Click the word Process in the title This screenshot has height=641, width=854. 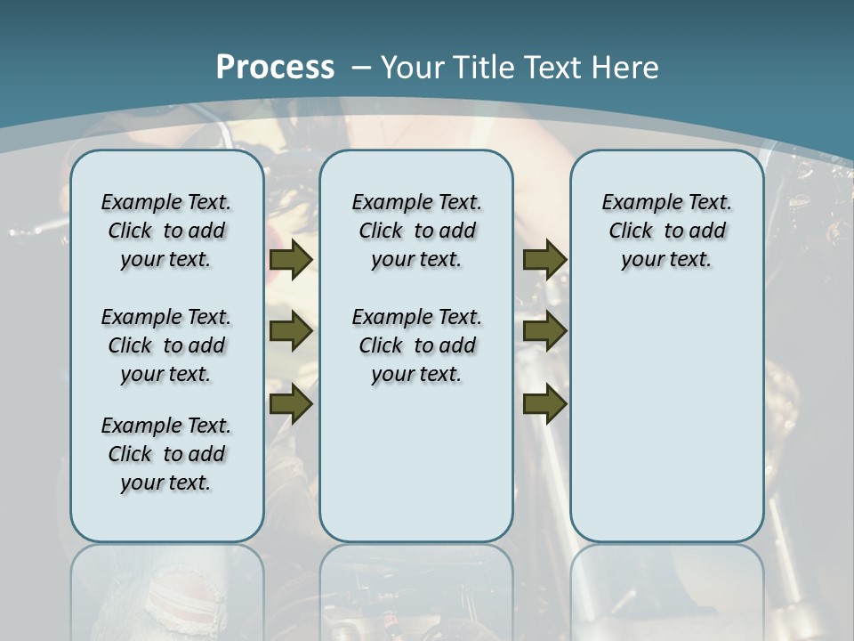(x=275, y=67)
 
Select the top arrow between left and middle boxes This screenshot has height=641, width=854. (x=291, y=260)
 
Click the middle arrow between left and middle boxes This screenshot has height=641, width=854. (x=291, y=331)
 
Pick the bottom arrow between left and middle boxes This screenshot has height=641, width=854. (x=291, y=403)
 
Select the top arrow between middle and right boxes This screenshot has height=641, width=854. (x=544, y=260)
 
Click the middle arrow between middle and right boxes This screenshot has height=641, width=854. (x=544, y=331)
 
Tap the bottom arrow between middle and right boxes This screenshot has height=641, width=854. (x=544, y=403)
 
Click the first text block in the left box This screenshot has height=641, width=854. (x=166, y=231)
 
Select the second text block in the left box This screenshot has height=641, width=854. (x=166, y=345)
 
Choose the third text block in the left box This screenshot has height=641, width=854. (x=166, y=454)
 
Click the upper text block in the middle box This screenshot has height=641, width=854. (x=416, y=231)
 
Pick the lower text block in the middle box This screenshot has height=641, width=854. (x=416, y=345)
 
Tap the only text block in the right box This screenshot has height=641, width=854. (x=666, y=231)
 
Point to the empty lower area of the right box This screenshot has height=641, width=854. (x=666, y=427)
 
